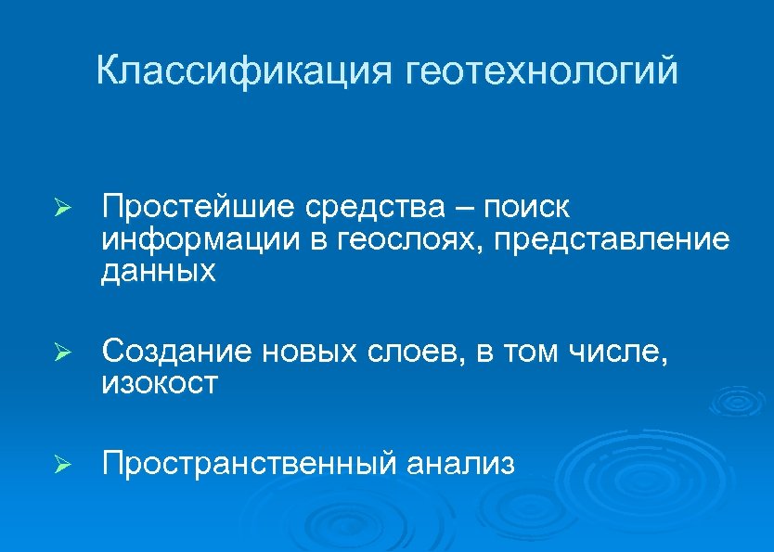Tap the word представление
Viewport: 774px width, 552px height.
[612, 241]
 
